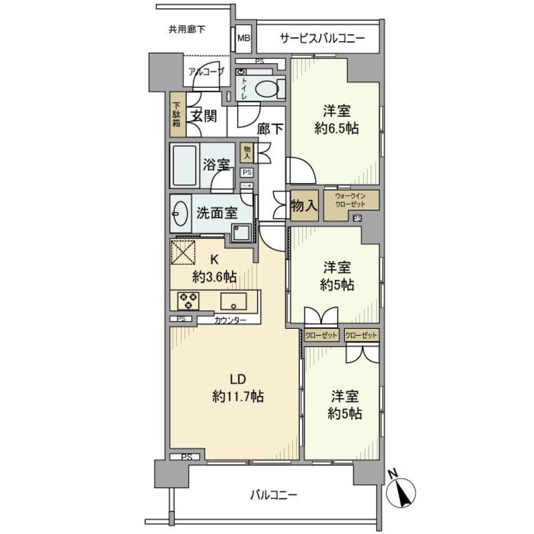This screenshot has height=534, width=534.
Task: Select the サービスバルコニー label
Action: [322, 38]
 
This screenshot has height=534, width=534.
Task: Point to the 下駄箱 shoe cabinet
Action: [176, 115]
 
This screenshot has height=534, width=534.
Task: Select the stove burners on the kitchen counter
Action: [189, 301]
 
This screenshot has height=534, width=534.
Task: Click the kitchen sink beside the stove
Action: [234, 301]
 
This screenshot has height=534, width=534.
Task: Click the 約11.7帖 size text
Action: [238, 397]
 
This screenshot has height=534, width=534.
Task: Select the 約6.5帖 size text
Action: [336, 128]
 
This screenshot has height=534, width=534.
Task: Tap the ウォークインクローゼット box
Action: [352, 200]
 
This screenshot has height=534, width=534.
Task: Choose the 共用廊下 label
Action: [187, 29]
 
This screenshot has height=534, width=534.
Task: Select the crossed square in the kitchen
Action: [183, 252]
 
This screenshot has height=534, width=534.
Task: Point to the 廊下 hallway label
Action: [271, 129]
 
